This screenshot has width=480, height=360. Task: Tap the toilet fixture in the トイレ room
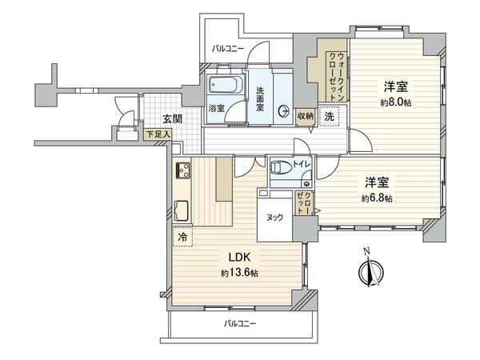[278, 169]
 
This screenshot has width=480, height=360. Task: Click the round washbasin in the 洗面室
[282, 112]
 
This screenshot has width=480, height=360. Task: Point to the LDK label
[242, 258]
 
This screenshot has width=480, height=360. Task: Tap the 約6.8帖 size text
[377, 198]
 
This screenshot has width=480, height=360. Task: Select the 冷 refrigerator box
[181, 238]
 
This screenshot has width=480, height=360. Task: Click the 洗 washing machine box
[329, 118]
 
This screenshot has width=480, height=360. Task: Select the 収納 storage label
[305, 116]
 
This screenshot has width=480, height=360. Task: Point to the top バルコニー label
[228, 48]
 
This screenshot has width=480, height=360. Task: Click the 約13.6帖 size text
[239, 274]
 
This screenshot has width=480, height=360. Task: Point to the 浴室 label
[216, 108]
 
